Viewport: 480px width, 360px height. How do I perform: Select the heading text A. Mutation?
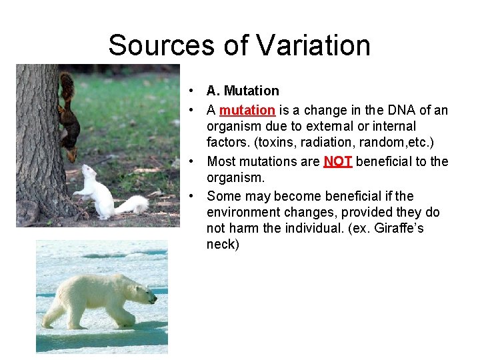point(243,91)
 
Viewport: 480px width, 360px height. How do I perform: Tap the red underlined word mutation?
point(247,110)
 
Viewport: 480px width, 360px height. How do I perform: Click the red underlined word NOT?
point(337,161)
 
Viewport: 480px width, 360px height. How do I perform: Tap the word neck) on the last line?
point(223,244)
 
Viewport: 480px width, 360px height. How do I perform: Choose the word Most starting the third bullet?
point(221,161)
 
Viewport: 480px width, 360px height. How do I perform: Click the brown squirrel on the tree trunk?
point(67,113)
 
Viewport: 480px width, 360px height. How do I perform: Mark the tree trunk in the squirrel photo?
point(37,147)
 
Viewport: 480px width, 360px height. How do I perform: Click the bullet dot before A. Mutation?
point(191,91)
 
